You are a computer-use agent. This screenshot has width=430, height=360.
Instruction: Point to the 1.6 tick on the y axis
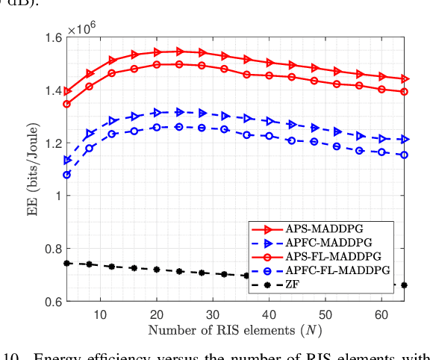(54, 38)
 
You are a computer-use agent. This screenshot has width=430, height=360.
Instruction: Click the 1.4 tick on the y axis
(54, 90)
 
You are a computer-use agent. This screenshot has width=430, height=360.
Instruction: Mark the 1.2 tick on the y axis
(54, 143)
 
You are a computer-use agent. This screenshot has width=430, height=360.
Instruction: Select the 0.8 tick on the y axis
(54, 249)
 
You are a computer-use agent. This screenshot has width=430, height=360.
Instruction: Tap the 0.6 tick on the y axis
(54, 301)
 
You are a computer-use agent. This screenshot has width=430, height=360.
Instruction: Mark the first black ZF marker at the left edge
(67, 263)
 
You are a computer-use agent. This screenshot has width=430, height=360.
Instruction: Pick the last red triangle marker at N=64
(405, 78)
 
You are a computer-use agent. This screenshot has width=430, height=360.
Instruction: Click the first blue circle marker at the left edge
(67, 175)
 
